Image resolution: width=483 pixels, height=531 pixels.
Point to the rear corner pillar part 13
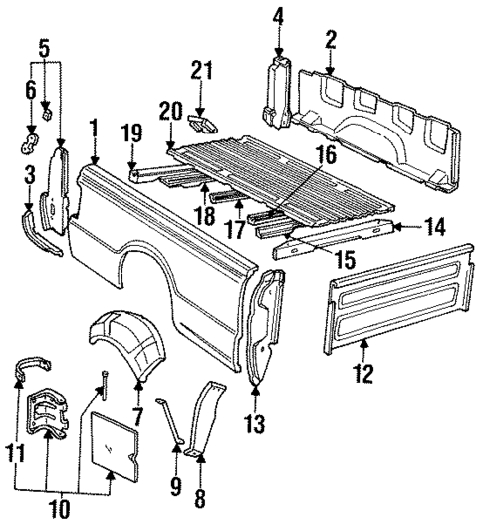(262, 328)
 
